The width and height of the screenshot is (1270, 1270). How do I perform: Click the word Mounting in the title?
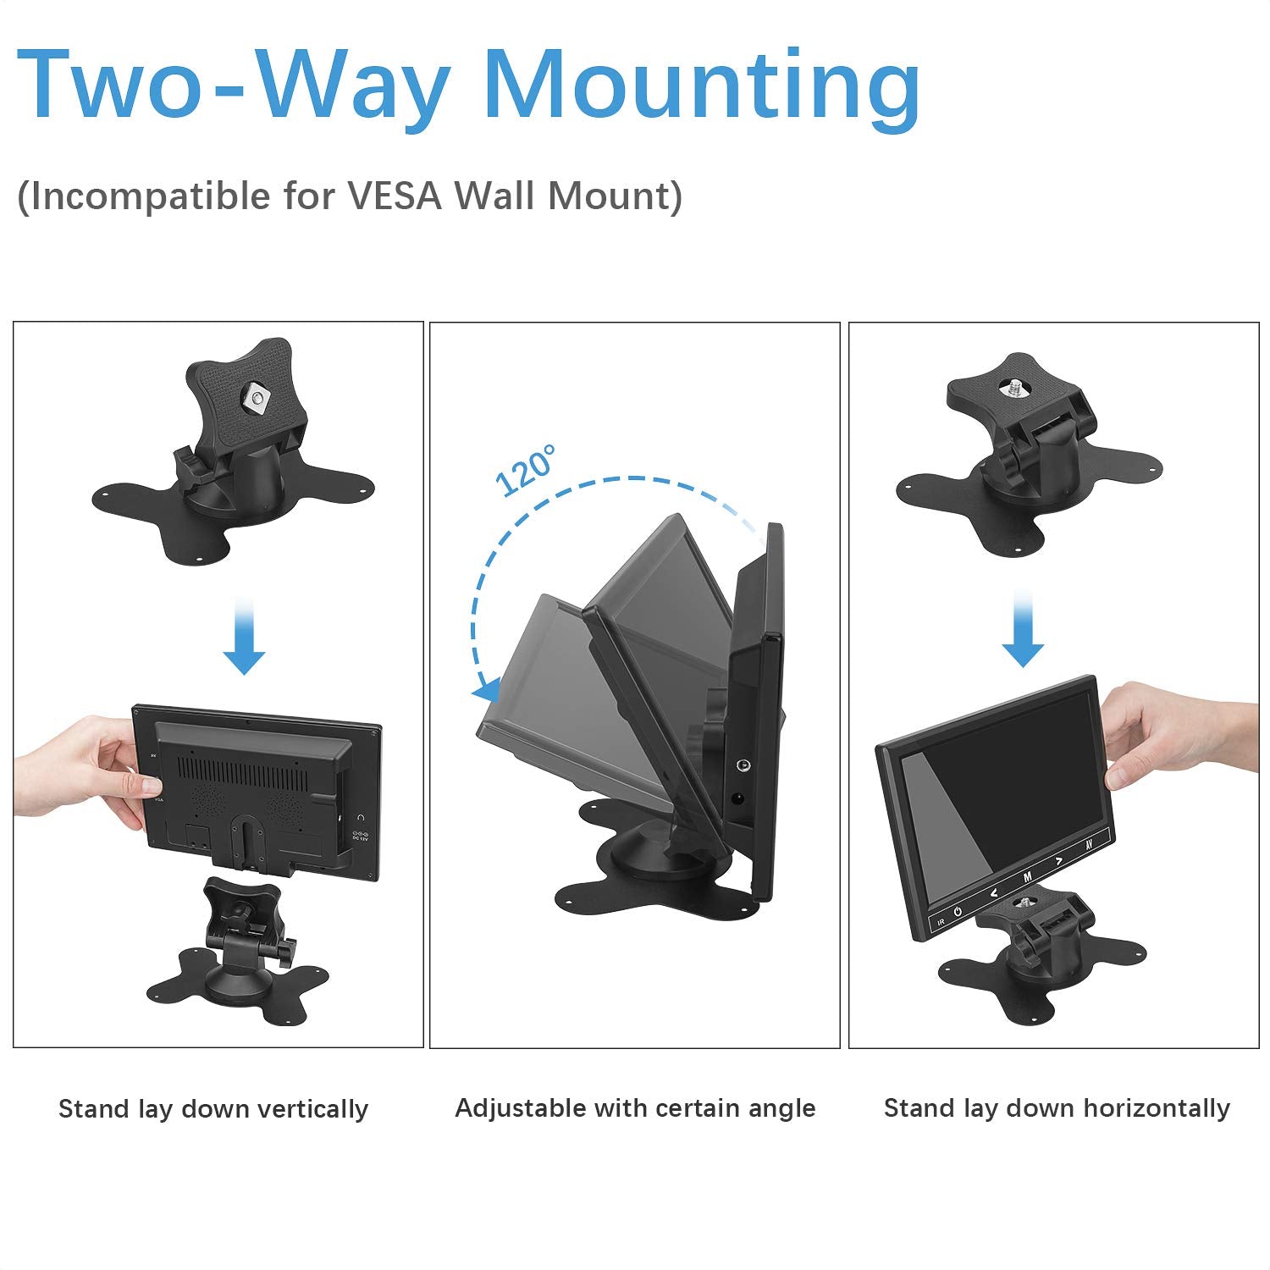pos(701,87)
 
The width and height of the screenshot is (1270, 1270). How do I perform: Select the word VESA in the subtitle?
pos(395,196)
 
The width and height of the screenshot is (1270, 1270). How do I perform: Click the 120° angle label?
pos(526,470)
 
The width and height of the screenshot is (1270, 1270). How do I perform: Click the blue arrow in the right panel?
pos(1023,628)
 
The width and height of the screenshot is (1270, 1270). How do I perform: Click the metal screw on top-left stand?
pos(255,396)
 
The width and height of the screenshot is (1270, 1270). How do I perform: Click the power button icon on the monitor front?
pos(958,912)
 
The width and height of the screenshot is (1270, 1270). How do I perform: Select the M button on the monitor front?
pos(1027,877)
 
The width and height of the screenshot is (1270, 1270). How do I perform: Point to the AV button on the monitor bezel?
pos(1090,845)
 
